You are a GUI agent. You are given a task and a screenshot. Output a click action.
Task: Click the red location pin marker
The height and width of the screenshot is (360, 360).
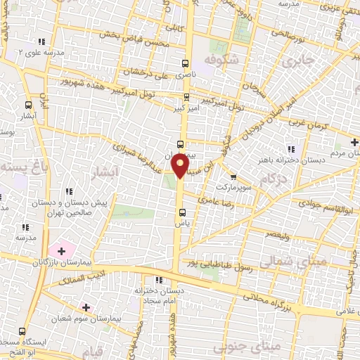181,166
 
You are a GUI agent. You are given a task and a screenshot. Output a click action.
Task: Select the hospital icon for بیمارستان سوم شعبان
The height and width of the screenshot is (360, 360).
86,307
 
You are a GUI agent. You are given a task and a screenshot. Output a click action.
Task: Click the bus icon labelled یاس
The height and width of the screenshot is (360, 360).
182,212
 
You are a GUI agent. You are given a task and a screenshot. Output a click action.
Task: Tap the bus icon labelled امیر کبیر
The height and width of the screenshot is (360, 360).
186,97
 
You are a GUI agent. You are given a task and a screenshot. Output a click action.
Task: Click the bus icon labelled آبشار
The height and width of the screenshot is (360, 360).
27,104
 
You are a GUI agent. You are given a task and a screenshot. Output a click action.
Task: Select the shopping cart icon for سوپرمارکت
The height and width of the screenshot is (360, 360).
233,176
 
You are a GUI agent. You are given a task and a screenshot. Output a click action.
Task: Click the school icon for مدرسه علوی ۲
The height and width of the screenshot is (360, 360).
43,41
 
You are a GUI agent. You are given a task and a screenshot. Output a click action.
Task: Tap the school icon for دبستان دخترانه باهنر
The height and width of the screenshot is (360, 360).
290,148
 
